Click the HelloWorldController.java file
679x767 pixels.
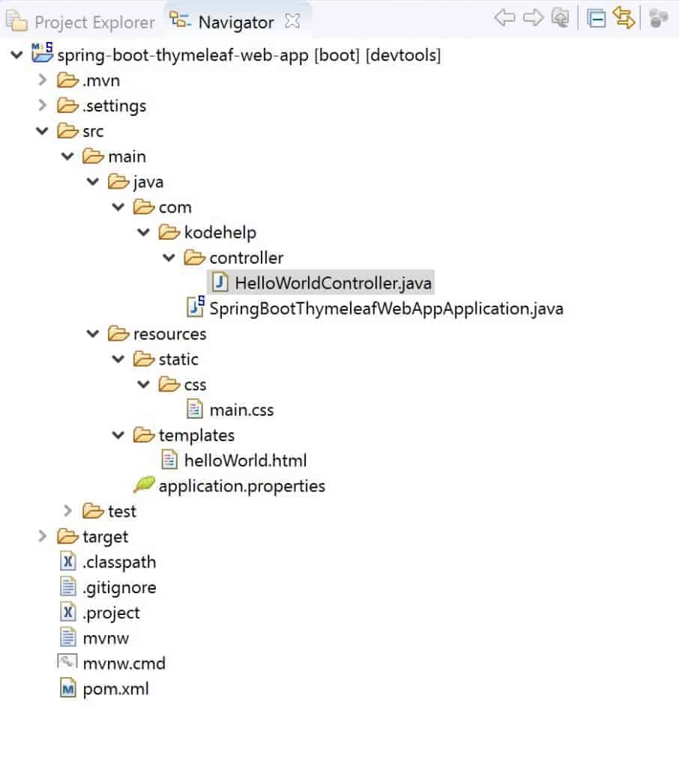(x=333, y=283)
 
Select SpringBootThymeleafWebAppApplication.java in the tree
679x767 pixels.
(x=386, y=309)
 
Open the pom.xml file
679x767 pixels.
(x=115, y=689)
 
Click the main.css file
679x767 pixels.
(x=241, y=410)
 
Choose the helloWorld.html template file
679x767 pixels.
(x=245, y=461)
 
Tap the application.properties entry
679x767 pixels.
(x=241, y=486)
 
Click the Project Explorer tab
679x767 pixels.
(x=94, y=22)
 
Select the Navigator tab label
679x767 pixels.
(x=235, y=22)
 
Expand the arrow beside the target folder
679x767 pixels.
(x=43, y=536)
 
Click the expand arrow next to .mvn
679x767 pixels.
(x=43, y=80)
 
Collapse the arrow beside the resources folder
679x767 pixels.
(x=93, y=333)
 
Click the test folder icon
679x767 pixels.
(x=93, y=511)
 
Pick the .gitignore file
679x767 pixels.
(x=119, y=588)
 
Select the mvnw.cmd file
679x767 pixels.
(x=124, y=664)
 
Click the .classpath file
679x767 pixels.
(x=119, y=563)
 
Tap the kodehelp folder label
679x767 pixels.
(x=220, y=232)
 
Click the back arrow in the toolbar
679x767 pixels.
(x=504, y=18)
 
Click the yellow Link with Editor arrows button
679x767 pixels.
(x=624, y=18)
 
